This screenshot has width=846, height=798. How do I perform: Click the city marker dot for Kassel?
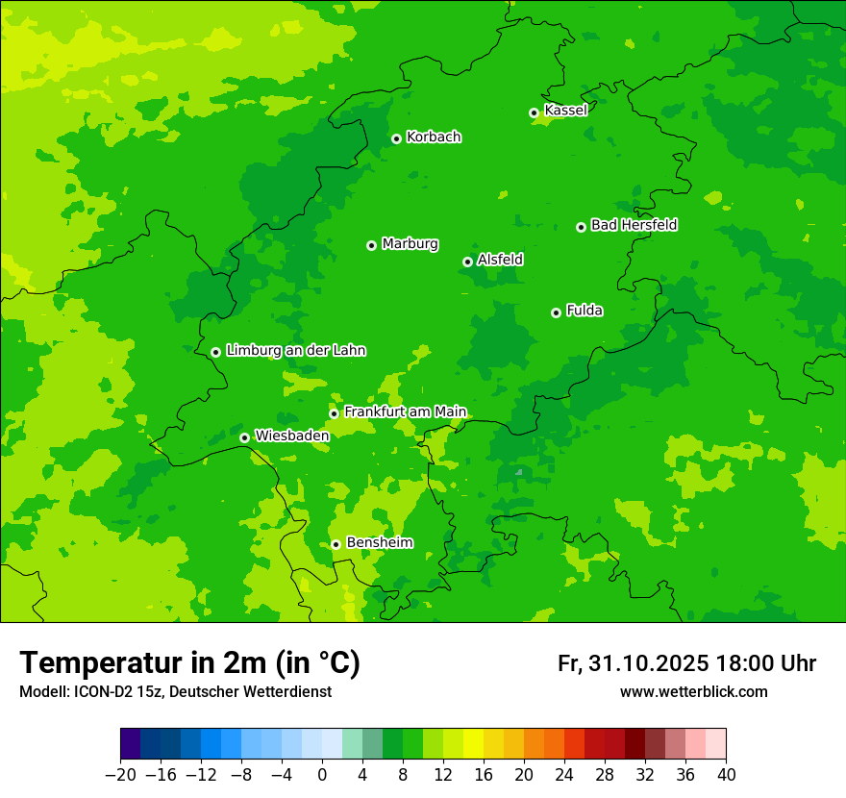coord(534,112)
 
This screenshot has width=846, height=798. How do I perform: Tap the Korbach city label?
coord(434,137)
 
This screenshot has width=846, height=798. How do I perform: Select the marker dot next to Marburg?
coord(371,245)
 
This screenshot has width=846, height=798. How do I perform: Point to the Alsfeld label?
coord(500,260)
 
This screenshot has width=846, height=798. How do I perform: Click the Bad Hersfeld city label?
coord(634,225)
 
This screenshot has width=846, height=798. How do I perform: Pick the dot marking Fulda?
coord(556,312)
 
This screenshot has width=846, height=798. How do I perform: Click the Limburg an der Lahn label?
coord(295,351)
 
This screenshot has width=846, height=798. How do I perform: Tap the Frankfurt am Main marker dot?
coord(334,413)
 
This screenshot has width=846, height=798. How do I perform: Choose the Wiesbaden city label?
coord(291,436)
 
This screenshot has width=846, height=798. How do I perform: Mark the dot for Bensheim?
coord(336,544)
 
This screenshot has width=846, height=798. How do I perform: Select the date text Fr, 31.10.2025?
coord(633,663)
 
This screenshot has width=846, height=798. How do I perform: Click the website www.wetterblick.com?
coord(693,691)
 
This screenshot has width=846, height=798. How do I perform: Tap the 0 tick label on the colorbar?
coord(322,775)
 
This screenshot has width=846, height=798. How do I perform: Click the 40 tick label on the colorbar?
coord(725,775)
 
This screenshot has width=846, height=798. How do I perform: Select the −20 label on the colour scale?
coord(120,775)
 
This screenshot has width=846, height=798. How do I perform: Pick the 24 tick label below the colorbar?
coord(564,775)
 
